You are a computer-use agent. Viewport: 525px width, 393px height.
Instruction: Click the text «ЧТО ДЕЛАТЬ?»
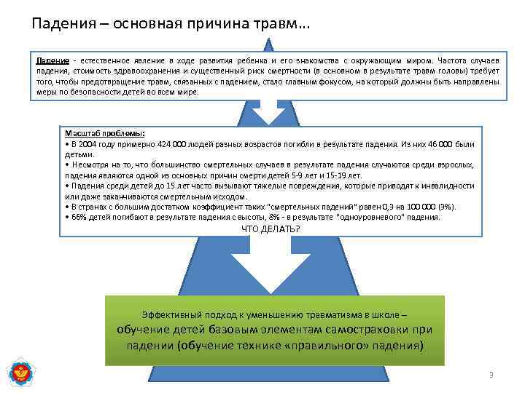coord(271,229)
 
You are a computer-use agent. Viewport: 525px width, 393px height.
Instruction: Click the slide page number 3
coord(491,375)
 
